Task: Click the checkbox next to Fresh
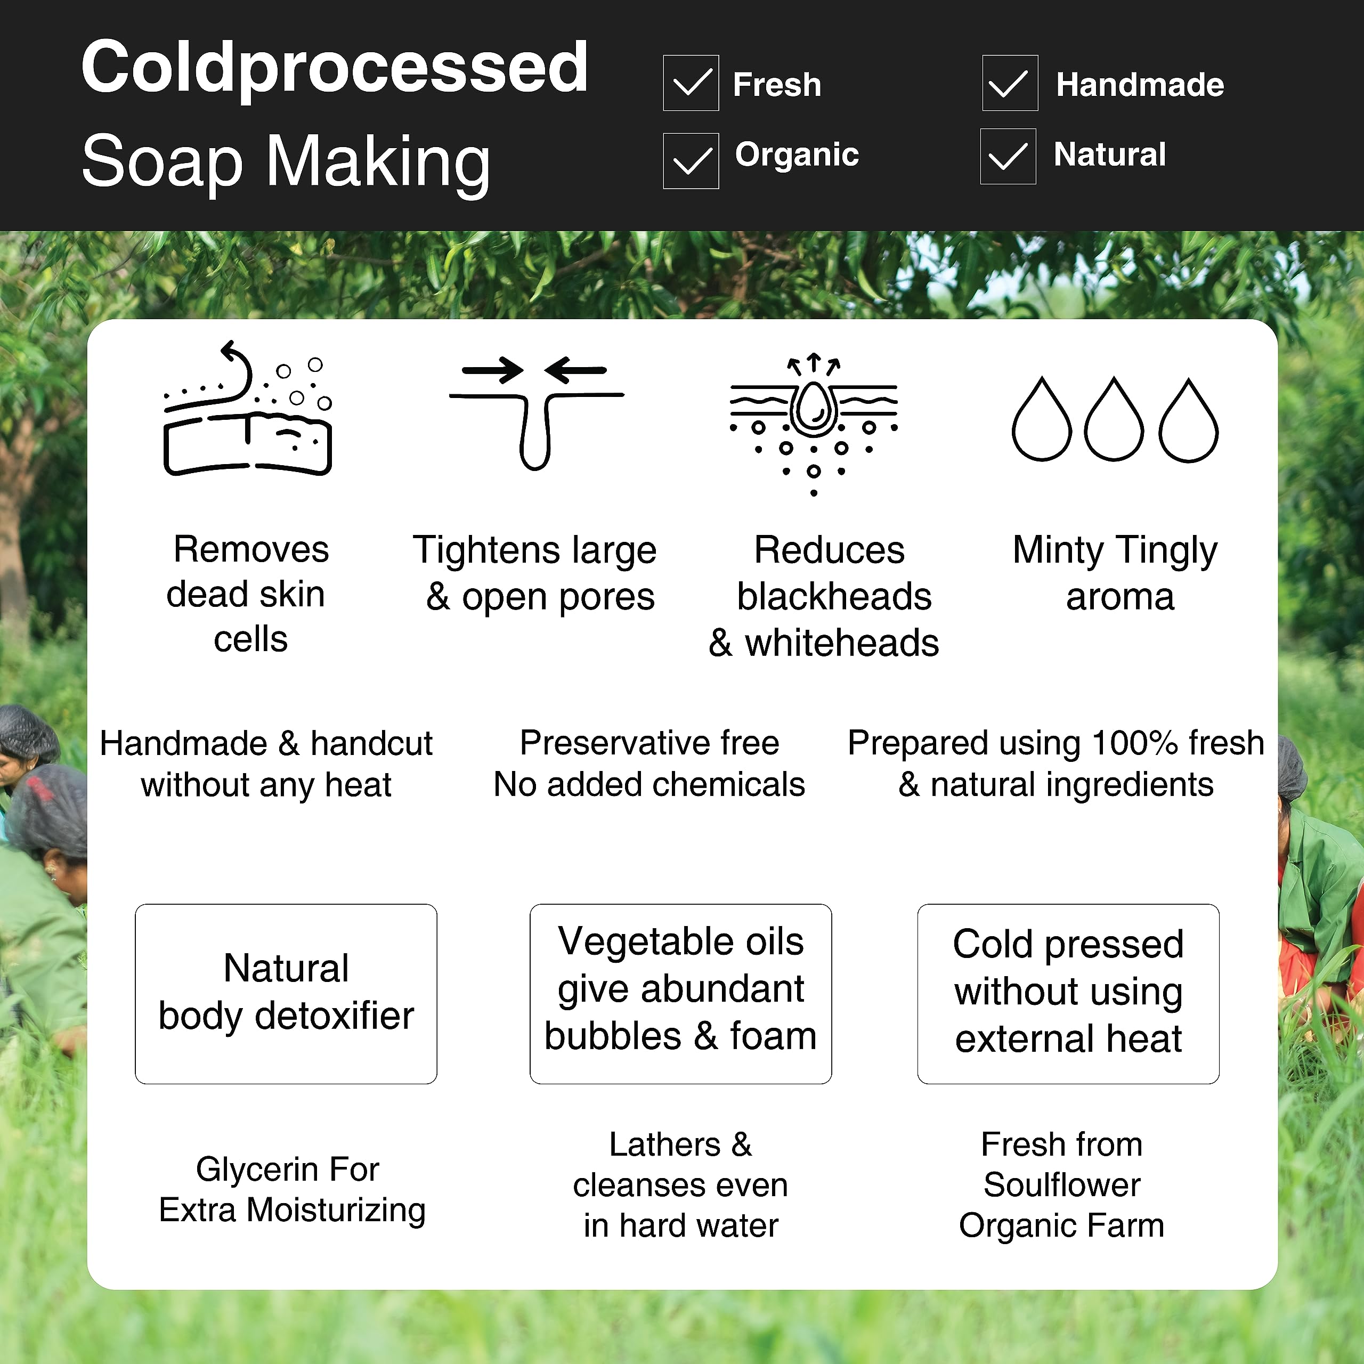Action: tap(691, 83)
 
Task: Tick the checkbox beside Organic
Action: tap(691, 160)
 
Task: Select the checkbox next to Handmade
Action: tap(1010, 83)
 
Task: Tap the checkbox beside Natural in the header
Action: tap(1008, 156)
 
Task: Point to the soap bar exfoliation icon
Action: tap(248, 408)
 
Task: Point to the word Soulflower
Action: tap(1062, 1184)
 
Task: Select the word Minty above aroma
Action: tap(1058, 550)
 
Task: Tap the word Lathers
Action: tap(665, 1144)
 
